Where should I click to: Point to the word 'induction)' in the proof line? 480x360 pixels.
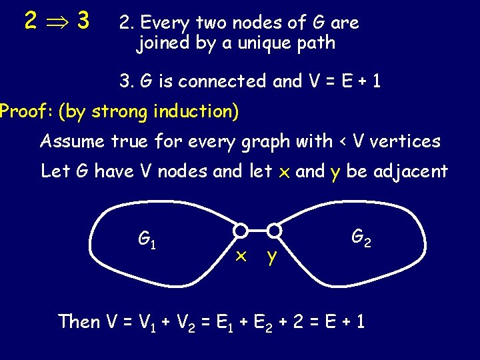pyautogui.click(x=203, y=111)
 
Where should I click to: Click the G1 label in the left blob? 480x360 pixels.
pyautogui.click(x=147, y=238)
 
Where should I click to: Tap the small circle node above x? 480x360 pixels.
pyautogui.click(x=241, y=231)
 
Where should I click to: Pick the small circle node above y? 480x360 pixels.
pyautogui.click(x=274, y=231)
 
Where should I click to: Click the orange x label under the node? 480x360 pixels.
pyautogui.click(x=242, y=256)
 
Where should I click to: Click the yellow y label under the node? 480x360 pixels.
pyautogui.click(x=271, y=257)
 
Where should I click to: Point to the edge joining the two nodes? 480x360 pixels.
pyautogui.click(x=257, y=231)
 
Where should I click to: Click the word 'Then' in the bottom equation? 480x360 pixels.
pyautogui.click(x=79, y=322)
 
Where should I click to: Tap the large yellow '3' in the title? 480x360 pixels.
pyautogui.click(x=83, y=21)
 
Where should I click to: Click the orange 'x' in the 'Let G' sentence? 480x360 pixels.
pyautogui.click(x=283, y=173)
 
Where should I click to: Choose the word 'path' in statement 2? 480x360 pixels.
pyautogui.click(x=316, y=45)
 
